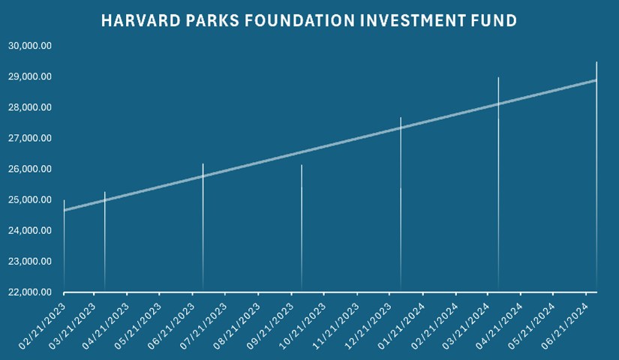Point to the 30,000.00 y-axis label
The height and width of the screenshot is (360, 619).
(30, 46)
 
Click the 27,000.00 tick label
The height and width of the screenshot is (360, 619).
(30, 138)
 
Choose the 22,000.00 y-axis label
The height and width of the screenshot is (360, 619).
(30, 292)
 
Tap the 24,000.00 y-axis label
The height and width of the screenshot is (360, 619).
(30, 230)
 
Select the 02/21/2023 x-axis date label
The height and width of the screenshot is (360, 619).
(41, 326)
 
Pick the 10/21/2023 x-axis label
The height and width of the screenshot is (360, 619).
(302, 326)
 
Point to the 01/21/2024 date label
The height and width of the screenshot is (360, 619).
(401, 326)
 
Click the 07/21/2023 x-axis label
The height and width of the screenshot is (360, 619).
(203, 326)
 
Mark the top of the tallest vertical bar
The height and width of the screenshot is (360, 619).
(596, 62)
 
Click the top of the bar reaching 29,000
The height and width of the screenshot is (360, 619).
(499, 77)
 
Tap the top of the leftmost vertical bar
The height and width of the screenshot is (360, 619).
(64, 200)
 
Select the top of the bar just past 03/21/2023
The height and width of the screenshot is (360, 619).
(104, 192)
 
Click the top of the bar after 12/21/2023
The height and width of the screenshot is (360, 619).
(401, 118)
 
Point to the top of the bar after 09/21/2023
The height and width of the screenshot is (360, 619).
(302, 165)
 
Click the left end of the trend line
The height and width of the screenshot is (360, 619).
(64, 211)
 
